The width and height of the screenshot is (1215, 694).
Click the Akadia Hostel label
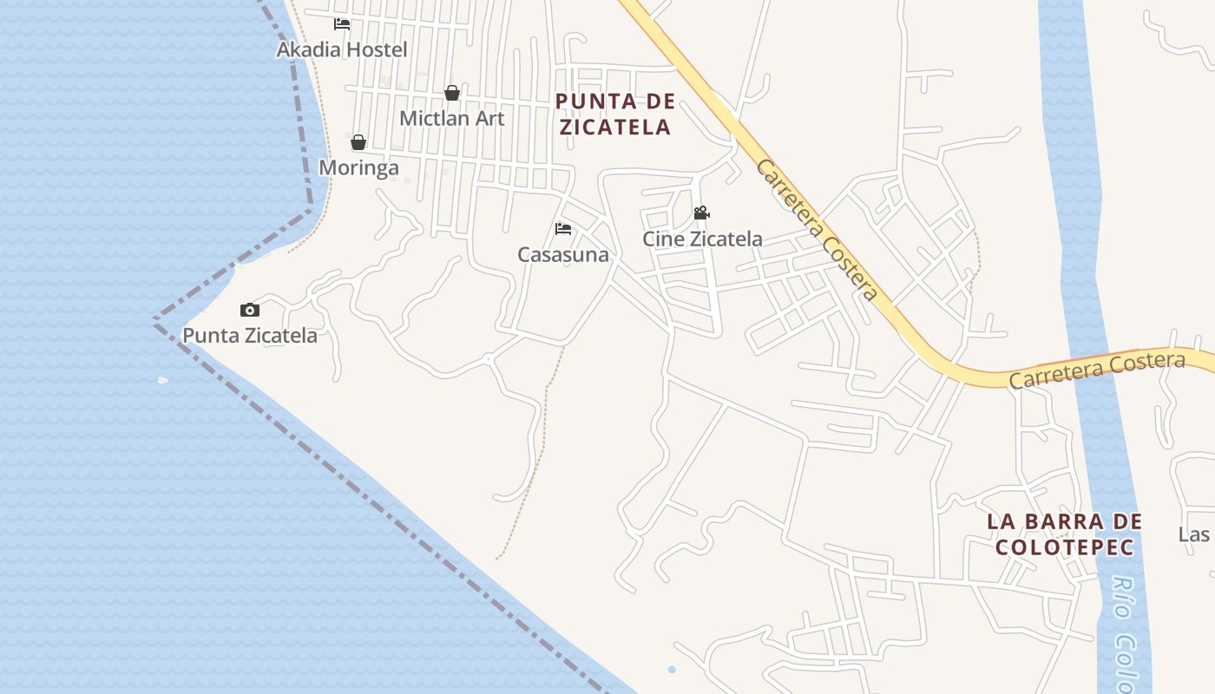[x=341, y=49]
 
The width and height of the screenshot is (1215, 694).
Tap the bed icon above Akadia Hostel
[x=342, y=24]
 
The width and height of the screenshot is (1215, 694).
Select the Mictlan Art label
[x=451, y=118]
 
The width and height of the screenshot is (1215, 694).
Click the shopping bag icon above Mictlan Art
[x=451, y=93]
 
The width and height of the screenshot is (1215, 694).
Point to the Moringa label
[x=358, y=167]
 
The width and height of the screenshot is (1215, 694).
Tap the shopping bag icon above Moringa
[x=358, y=142]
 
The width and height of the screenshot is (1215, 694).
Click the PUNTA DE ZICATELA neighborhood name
[x=614, y=114]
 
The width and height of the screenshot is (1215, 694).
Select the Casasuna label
[x=562, y=255]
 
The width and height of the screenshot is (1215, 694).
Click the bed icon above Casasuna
[x=563, y=230]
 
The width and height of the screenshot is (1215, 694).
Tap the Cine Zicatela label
[x=702, y=239]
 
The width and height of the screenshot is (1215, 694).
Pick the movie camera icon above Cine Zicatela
[x=701, y=213]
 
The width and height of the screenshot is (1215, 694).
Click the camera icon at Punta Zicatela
[x=249, y=310]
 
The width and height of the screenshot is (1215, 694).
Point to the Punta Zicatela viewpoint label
[x=249, y=335]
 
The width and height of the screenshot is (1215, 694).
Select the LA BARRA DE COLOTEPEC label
[x=1064, y=534]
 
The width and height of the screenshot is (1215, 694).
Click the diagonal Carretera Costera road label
[x=816, y=229]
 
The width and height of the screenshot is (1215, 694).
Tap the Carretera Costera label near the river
[x=1096, y=371]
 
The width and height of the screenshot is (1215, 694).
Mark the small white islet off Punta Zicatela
[x=162, y=380]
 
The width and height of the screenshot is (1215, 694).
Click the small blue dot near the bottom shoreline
[x=672, y=670]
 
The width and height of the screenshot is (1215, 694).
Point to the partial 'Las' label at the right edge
[x=1194, y=534]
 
